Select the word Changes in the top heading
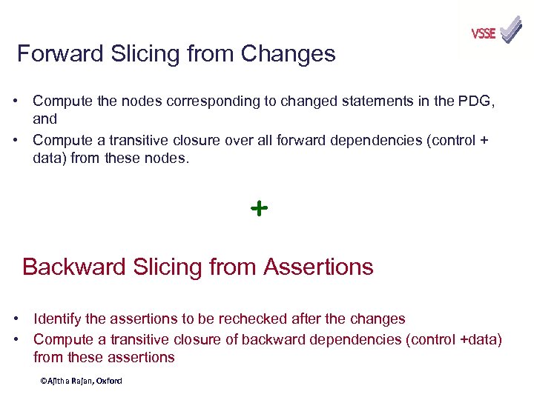pos(289,54)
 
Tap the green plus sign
pos(259,209)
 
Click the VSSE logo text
pos(483,33)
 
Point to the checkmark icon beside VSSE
pos(511,30)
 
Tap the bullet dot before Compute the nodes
pos(16,101)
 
